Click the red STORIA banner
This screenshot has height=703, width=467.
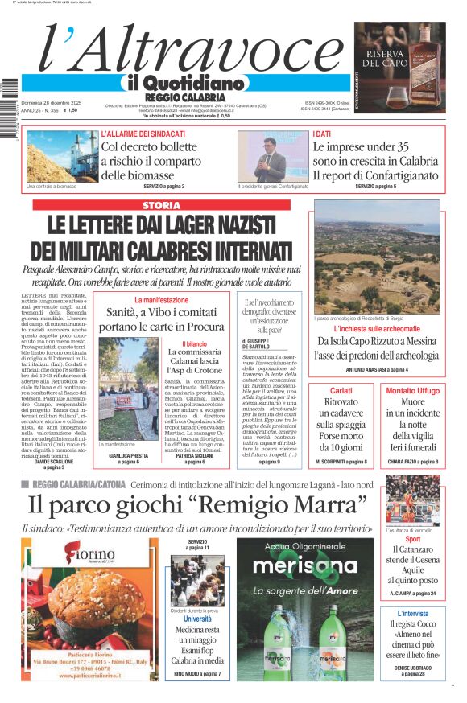[160, 205]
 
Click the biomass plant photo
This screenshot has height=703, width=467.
[62, 156]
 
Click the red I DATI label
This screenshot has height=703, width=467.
[322, 134]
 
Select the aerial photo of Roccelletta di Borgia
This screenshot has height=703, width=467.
[376, 257]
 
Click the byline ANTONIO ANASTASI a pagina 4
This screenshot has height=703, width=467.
[376, 369]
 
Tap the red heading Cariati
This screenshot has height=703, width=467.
[341, 390]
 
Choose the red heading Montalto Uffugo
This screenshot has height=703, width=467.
[411, 390]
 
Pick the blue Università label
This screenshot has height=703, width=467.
[197, 619]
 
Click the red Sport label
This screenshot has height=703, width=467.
[412, 539]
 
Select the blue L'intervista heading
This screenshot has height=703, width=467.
[412, 613]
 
